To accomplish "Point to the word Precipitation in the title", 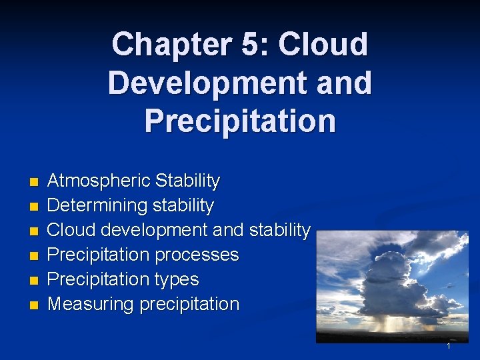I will click(240, 121).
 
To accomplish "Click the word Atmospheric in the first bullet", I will click(99, 181).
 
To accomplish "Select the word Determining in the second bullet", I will click(98, 205).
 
